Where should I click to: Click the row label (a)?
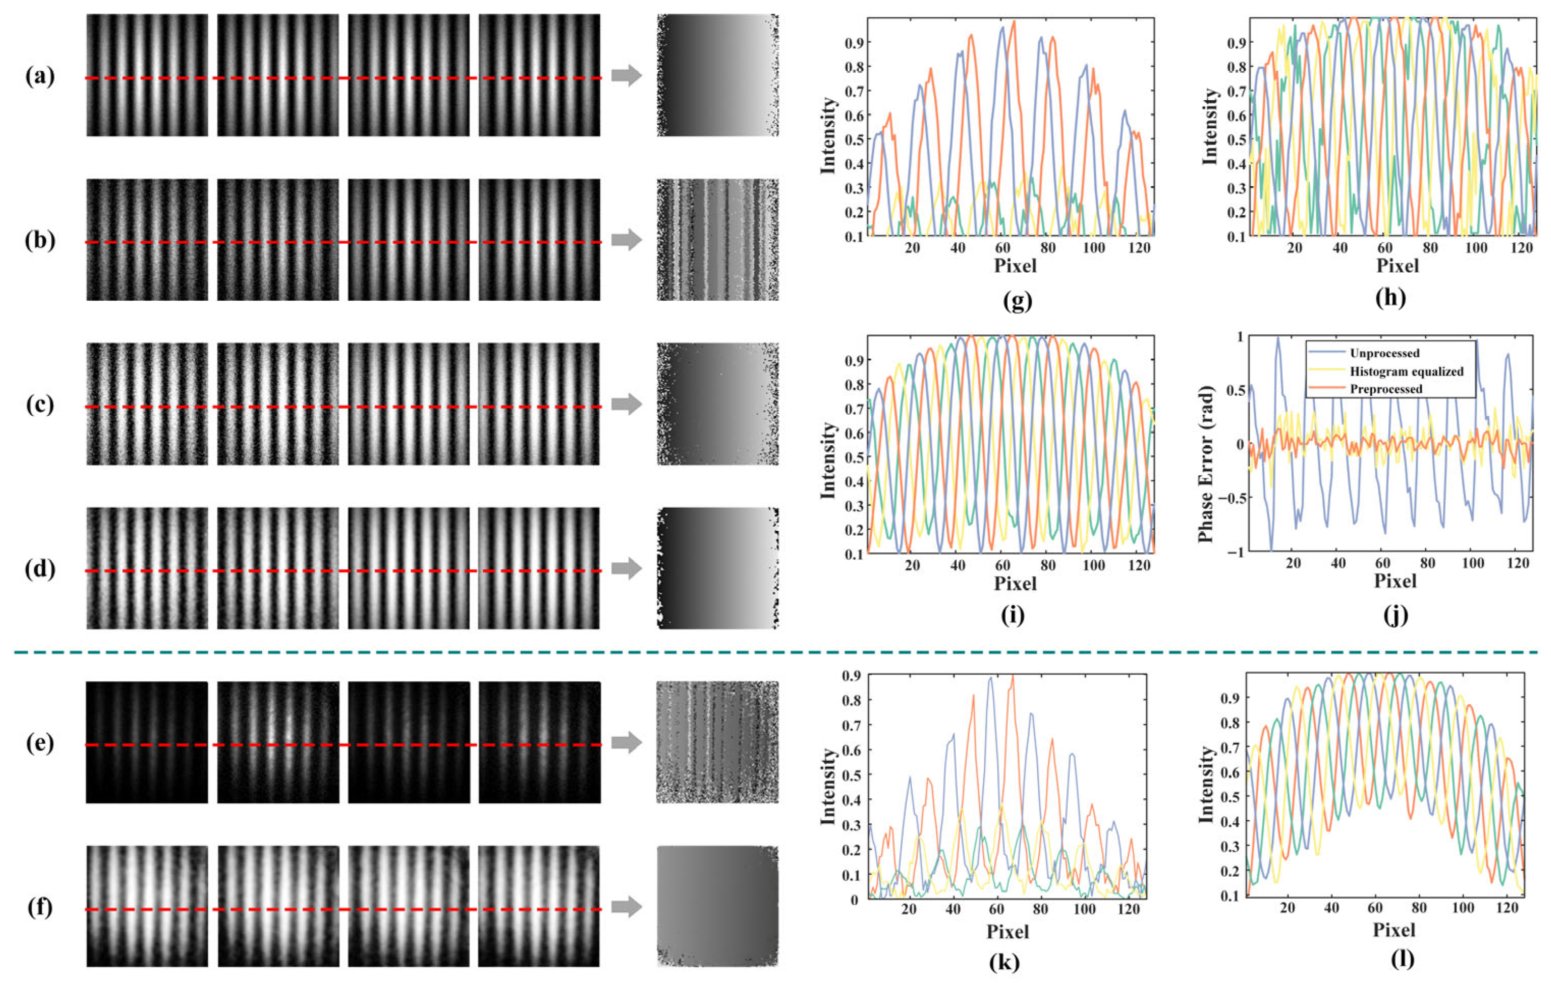click(x=40, y=77)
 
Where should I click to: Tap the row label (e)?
click(x=40, y=743)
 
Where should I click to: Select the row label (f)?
click(x=40, y=907)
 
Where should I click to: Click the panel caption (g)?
click(x=1018, y=300)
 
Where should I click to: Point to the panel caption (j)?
click(x=1395, y=616)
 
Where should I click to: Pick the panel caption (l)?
click(x=1402, y=959)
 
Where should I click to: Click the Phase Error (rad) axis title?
click(x=1206, y=464)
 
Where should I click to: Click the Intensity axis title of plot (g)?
click(x=828, y=136)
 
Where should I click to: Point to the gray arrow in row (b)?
click(x=627, y=240)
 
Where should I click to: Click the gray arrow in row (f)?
click(x=627, y=907)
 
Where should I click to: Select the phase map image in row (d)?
click(x=717, y=568)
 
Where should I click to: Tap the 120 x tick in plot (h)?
click(x=1521, y=247)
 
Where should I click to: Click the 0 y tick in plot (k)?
click(x=854, y=900)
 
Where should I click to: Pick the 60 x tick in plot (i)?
click(x=1003, y=565)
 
